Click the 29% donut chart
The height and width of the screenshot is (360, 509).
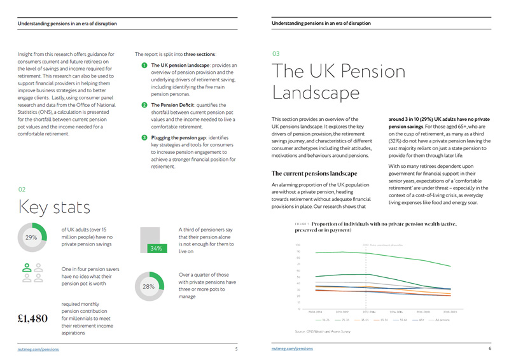(x=31, y=237)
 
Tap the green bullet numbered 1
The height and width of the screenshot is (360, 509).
(x=144, y=66)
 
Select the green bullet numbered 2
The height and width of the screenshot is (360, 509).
(x=144, y=104)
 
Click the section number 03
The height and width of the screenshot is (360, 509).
(x=275, y=54)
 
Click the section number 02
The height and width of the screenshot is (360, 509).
(x=22, y=190)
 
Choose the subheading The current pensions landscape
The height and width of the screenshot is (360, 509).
(x=314, y=173)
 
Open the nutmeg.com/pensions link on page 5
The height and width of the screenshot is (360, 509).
(x=38, y=349)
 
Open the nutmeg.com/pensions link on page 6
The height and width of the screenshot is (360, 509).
(x=292, y=349)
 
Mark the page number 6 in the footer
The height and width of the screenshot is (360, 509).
(x=490, y=349)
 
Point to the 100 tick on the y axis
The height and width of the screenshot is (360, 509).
(x=298, y=245)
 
